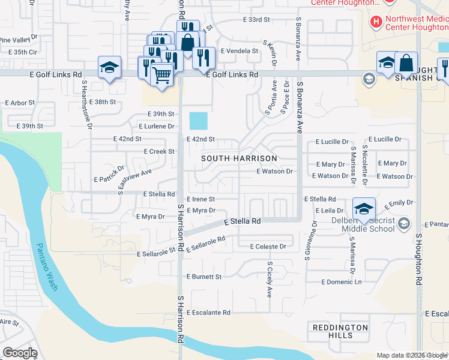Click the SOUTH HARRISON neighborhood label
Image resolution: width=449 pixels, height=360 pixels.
239,158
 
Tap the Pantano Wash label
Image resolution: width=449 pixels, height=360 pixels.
46,266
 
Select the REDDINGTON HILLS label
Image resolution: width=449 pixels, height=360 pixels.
340,331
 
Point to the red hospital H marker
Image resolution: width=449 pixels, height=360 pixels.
376,23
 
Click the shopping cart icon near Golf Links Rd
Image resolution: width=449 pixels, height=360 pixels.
162,75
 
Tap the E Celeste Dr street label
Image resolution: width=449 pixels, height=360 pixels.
262,247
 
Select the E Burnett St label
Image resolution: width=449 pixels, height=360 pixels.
204,277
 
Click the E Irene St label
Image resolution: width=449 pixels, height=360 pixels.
200,199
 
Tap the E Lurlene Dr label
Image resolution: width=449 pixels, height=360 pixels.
156,127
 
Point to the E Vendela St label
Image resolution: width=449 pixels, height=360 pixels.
239,51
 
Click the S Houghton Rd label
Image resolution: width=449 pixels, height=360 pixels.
418,258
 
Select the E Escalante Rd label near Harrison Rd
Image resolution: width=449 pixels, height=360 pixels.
208,313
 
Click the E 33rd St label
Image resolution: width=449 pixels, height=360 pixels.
256,20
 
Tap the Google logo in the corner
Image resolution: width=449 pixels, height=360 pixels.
20,353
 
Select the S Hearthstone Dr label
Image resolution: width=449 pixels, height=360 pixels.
88,104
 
